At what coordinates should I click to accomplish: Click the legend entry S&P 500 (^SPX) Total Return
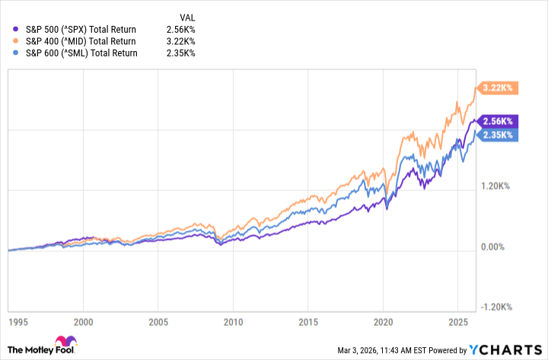75,29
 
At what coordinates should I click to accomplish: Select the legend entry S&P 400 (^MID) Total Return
75,41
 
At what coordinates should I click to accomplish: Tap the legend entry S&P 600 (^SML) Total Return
75,53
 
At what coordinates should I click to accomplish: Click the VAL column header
187,16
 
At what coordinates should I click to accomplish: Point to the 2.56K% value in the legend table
181,29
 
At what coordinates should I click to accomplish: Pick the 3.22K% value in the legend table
181,41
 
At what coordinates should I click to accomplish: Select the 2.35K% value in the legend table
181,53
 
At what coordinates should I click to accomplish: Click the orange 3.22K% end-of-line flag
496,88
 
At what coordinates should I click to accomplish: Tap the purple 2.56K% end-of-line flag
496,121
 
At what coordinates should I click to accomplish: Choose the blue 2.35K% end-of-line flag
496,134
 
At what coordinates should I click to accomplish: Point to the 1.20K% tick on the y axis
499,186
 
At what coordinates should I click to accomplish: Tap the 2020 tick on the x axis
383,322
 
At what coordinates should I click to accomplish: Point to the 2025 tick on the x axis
457,322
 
